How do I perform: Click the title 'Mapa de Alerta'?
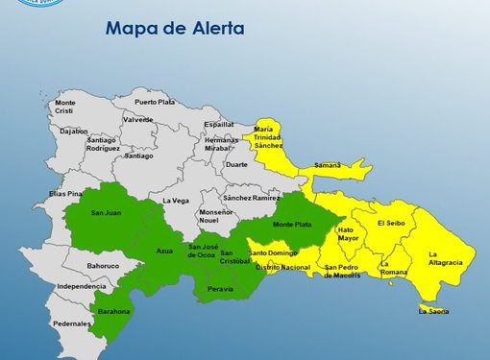coord(174,29)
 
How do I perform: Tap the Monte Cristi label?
coord(65,106)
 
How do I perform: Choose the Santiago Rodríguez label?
coord(76,145)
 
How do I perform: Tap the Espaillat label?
coord(218,124)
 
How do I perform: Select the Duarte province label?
coord(236,164)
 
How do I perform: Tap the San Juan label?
coord(104,212)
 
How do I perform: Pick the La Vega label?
coord(176,200)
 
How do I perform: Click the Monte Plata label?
coord(292,225)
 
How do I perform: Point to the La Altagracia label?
coord(446,257)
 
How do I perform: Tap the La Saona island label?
coord(433,310)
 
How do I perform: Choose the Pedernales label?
coord(72,324)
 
